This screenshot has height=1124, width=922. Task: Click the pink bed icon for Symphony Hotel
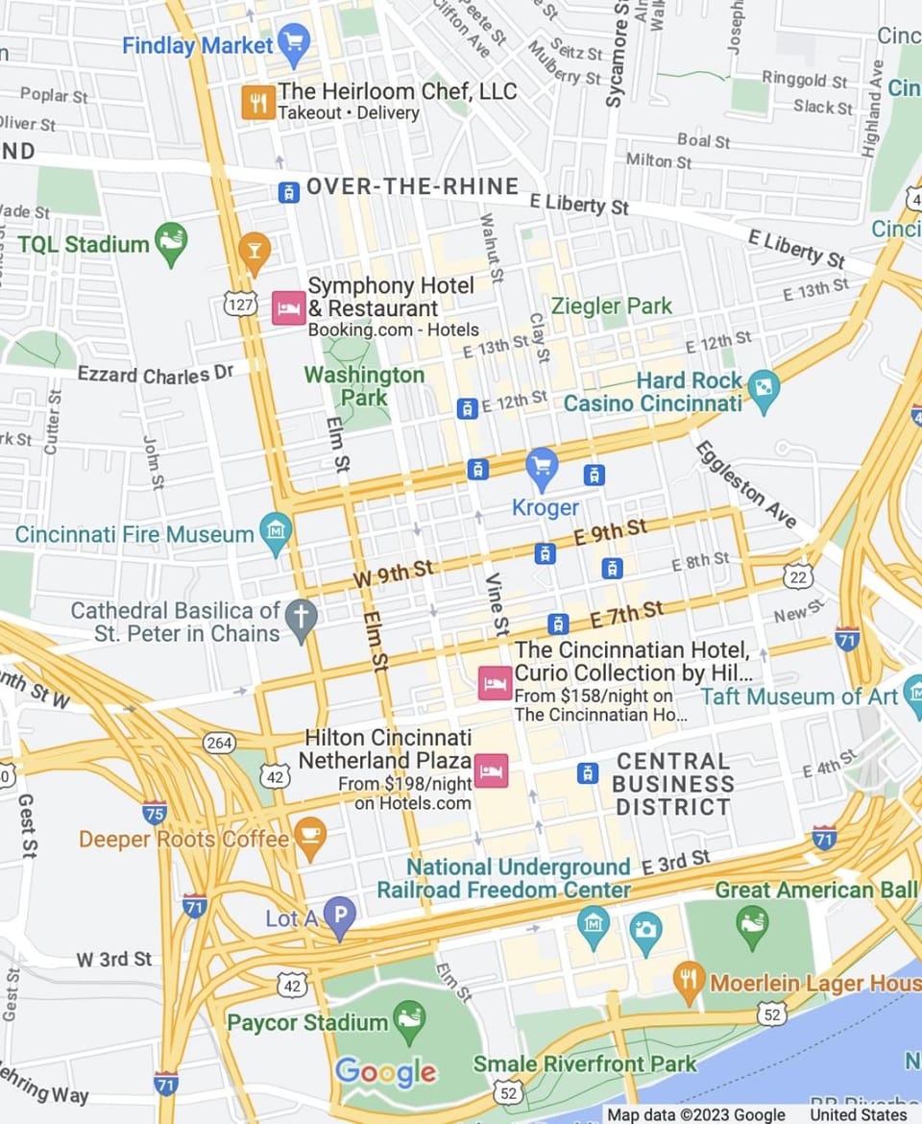pyautogui.click(x=288, y=307)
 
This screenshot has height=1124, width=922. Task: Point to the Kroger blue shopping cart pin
pyautogui.click(x=543, y=466)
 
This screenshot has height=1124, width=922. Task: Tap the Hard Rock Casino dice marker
pyautogui.click(x=764, y=389)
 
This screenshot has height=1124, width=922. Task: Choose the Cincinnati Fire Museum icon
pyautogui.click(x=276, y=534)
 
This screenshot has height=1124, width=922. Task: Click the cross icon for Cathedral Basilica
pyautogui.click(x=302, y=622)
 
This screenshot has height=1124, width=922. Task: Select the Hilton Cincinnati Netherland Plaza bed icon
pyautogui.click(x=491, y=770)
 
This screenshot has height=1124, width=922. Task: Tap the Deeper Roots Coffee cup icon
pyautogui.click(x=309, y=838)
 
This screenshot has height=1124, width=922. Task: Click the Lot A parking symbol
pyautogui.click(x=339, y=918)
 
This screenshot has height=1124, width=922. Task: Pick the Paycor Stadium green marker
pyautogui.click(x=409, y=1021)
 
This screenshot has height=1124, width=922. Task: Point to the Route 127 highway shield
pyautogui.click(x=242, y=303)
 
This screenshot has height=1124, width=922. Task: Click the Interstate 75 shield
pyautogui.click(x=155, y=812)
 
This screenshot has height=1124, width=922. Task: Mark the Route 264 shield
pyautogui.click(x=219, y=743)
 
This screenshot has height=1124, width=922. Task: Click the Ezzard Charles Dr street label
pyautogui.click(x=156, y=373)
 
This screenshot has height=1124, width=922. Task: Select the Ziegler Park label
pyautogui.click(x=612, y=306)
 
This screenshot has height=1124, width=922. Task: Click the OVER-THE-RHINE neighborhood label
pyautogui.click(x=412, y=186)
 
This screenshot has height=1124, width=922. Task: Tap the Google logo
pyautogui.click(x=385, y=1071)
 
